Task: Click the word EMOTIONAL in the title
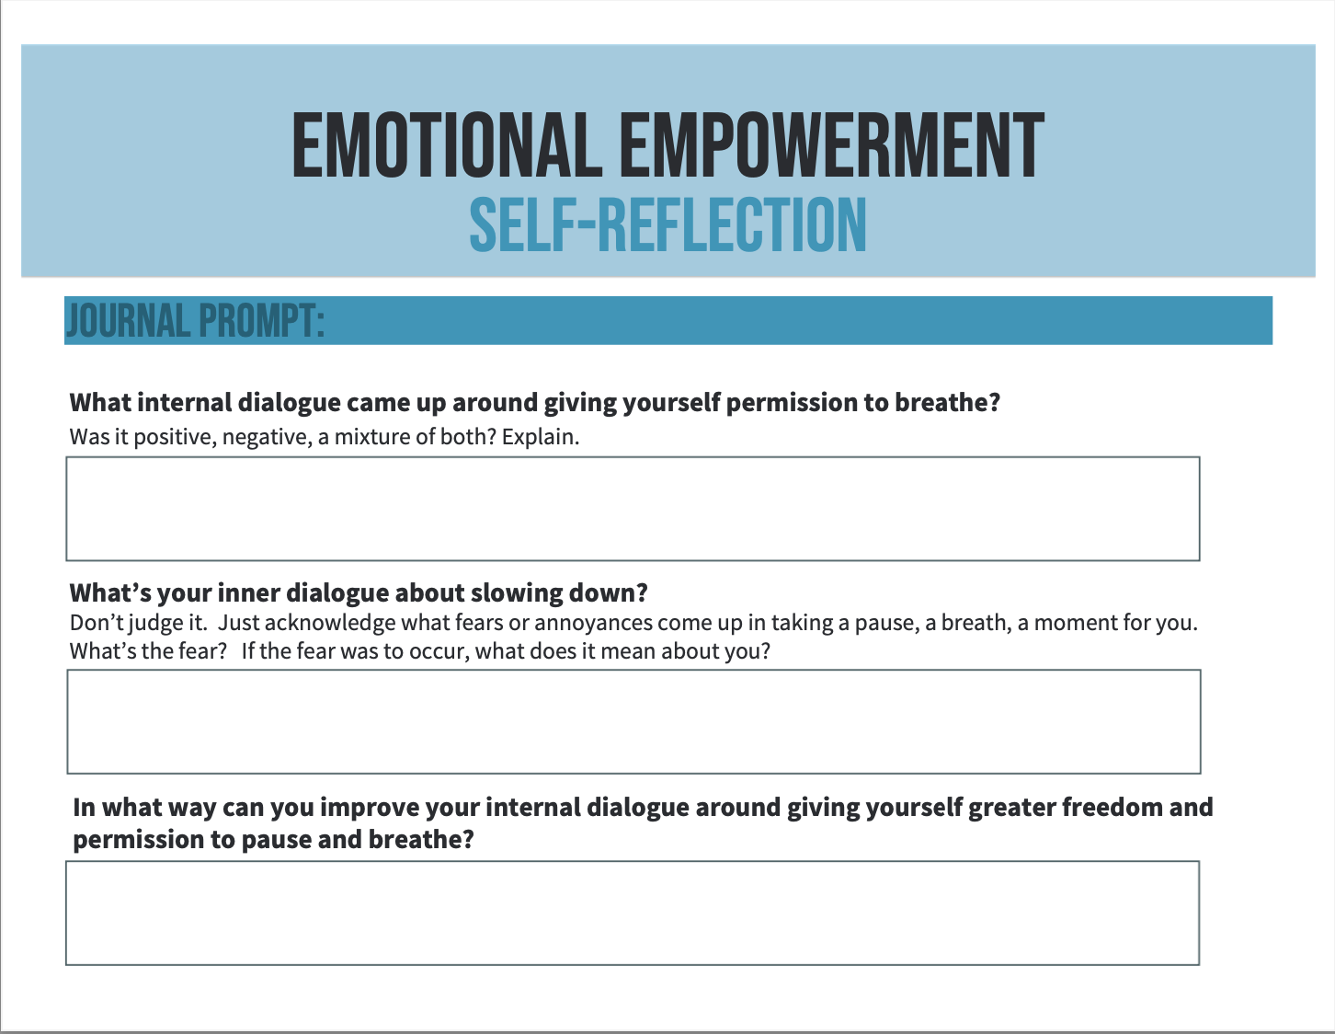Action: click(x=447, y=145)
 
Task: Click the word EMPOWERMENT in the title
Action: click(x=832, y=145)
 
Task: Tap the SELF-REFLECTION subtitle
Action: click(x=667, y=225)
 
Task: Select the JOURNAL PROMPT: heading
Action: click(x=195, y=320)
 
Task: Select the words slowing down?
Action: click(x=559, y=592)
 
